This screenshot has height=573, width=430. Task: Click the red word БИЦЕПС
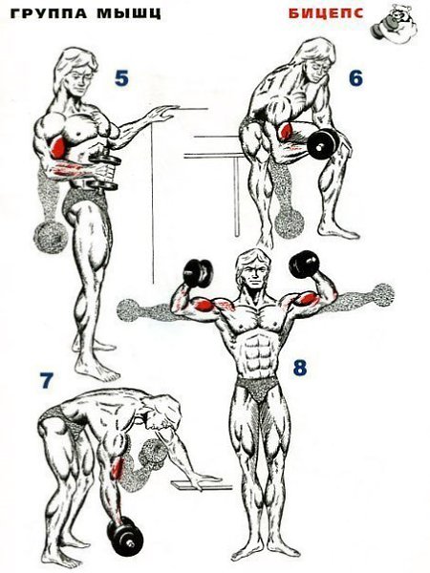[x=326, y=14]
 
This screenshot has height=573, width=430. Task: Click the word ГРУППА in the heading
[x=49, y=14]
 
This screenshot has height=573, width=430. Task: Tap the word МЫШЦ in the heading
[x=129, y=14]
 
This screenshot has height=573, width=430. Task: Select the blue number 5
[x=121, y=78]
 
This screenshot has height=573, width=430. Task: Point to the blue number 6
[x=355, y=78]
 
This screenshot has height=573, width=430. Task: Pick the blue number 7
[x=47, y=381]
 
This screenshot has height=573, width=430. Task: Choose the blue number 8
[x=299, y=368]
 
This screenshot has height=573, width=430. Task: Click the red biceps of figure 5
[x=56, y=146]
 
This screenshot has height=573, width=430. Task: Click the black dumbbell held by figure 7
[x=123, y=532]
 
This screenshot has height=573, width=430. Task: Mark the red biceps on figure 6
[x=285, y=132]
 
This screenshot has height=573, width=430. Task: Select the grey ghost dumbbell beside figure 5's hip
[x=51, y=236]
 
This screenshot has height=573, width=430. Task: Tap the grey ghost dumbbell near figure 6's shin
[x=290, y=222]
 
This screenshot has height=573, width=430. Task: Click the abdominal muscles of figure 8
[x=259, y=352]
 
